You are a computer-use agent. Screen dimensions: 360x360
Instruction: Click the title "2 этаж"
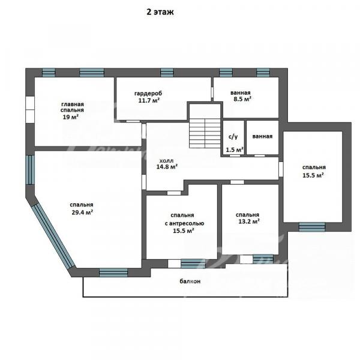pyautogui.click(x=160, y=12)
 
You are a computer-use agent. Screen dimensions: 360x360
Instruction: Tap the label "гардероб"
pyautogui.click(x=148, y=94)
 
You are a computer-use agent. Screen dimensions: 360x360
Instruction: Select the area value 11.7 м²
pyautogui.click(x=149, y=100)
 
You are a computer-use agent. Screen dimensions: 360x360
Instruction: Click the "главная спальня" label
pyautogui.click(x=72, y=107)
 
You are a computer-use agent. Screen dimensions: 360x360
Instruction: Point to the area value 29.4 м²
pyautogui.click(x=82, y=212)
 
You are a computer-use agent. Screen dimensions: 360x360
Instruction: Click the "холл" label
pyautogui.click(x=166, y=160)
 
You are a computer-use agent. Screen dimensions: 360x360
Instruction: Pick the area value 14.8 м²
pyautogui.click(x=167, y=167)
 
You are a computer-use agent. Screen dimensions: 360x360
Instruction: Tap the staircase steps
pyautogui.click(x=205, y=133)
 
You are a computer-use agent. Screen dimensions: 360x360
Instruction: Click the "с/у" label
pyautogui.click(x=233, y=137)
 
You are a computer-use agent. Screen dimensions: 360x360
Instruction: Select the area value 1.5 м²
pyautogui.click(x=235, y=150)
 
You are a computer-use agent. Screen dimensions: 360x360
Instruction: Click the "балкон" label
pyautogui.click(x=190, y=281)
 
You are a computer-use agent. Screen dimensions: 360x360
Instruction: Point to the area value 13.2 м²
pyautogui.click(x=249, y=221)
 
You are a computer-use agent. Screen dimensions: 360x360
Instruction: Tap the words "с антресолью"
pyautogui.click(x=184, y=223)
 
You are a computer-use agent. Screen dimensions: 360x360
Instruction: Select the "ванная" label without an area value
pyautogui.click(x=262, y=136)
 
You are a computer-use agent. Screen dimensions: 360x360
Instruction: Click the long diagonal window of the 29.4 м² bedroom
pyautogui.click(x=53, y=236)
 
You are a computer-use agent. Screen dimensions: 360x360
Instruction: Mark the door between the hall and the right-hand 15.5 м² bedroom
pyautogui.click(x=281, y=169)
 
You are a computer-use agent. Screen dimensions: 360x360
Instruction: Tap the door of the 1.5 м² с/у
pyautogui.click(x=235, y=155)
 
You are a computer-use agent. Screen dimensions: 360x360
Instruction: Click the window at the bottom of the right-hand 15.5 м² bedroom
pyautogui.click(x=312, y=227)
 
